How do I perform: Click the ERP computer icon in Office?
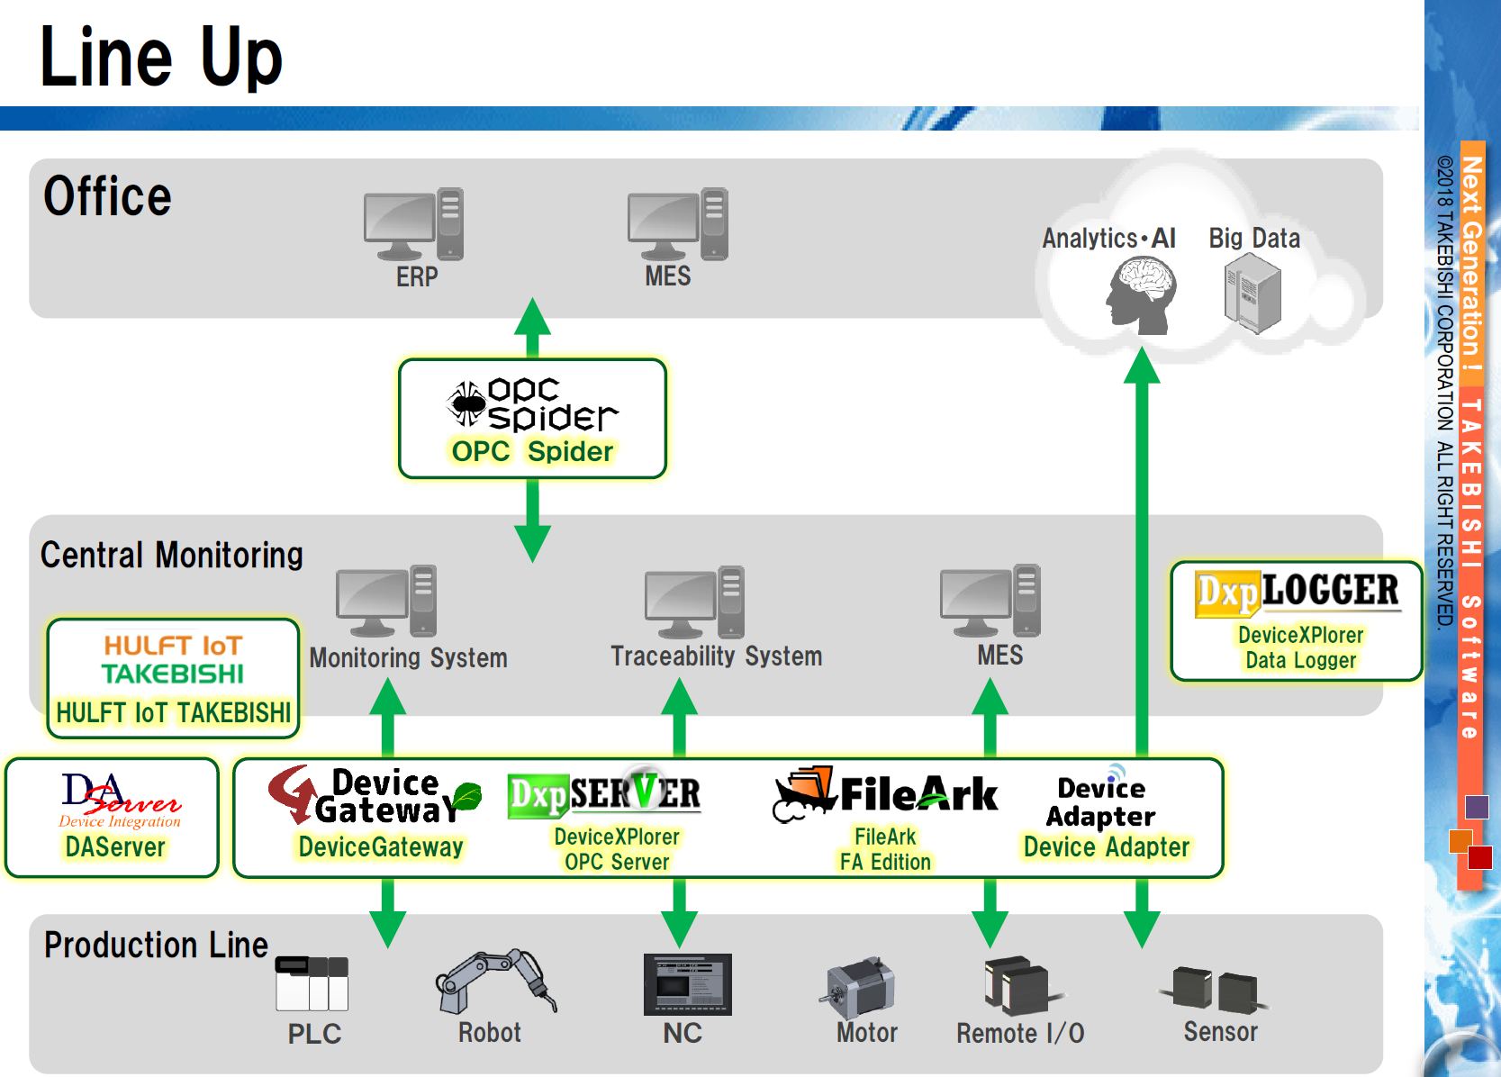(413, 224)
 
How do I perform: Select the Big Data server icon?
(1252, 293)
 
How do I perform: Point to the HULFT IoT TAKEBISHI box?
(173, 678)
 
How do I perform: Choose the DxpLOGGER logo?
(1297, 593)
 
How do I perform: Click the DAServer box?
(113, 818)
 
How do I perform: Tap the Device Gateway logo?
(375, 796)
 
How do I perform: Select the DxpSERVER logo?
(604, 793)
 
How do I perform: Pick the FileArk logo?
(885, 794)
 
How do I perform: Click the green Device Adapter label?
(1106, 847)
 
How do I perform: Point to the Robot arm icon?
(494, 982)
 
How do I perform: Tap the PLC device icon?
(312, 983)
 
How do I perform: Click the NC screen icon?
(687, 984)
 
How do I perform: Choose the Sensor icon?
(1216, 990)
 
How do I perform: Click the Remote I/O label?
(1020, 1033)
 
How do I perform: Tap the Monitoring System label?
(408, 657)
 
